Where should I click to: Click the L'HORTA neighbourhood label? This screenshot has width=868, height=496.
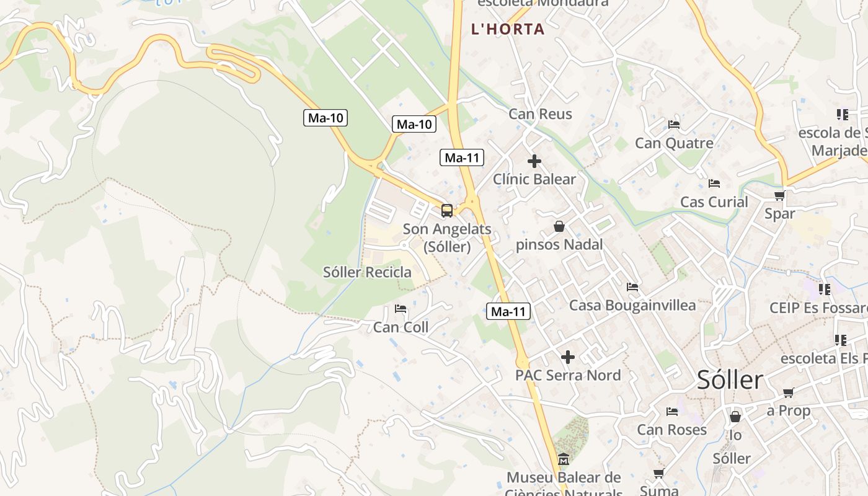click(x=508, y=29)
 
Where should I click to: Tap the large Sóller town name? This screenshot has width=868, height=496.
click(x=730, y=379)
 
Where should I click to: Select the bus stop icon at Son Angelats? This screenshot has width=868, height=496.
click(x=447, y=211)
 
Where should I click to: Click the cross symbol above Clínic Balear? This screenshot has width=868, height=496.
click(x=534, y=161)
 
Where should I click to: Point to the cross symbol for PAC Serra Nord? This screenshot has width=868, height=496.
click(x=567, y=357)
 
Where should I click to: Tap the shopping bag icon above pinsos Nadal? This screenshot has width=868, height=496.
click(x=559, y=226)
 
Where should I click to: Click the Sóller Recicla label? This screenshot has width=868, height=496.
click(x=367, y=272)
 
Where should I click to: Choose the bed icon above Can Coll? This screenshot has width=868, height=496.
click(x=401, y=309)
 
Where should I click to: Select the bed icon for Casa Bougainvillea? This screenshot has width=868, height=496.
click(x=632, y=287)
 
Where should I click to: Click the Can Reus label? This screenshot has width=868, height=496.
click(x=540, y=114)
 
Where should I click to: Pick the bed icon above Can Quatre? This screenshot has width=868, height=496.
click(x=674, y=125)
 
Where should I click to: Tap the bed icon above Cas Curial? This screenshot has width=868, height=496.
click(x=714, y=184)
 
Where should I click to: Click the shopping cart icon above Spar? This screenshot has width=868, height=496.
click(x=779, y=196)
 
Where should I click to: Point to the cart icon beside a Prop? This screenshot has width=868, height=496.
click(x=788, y=392)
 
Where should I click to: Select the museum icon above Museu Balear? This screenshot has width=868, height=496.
click(x=563, y=459)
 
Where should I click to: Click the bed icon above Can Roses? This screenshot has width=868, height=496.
click(x=671, y=412)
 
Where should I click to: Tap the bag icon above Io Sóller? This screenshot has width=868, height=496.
click(x=735, y=417)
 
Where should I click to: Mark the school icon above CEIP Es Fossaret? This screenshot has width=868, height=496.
click(x=825, y=289)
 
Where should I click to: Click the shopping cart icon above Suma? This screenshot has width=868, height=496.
click(x=658, y=474)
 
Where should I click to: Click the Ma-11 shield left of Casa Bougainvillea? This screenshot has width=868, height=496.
click(x=508, y=312)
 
